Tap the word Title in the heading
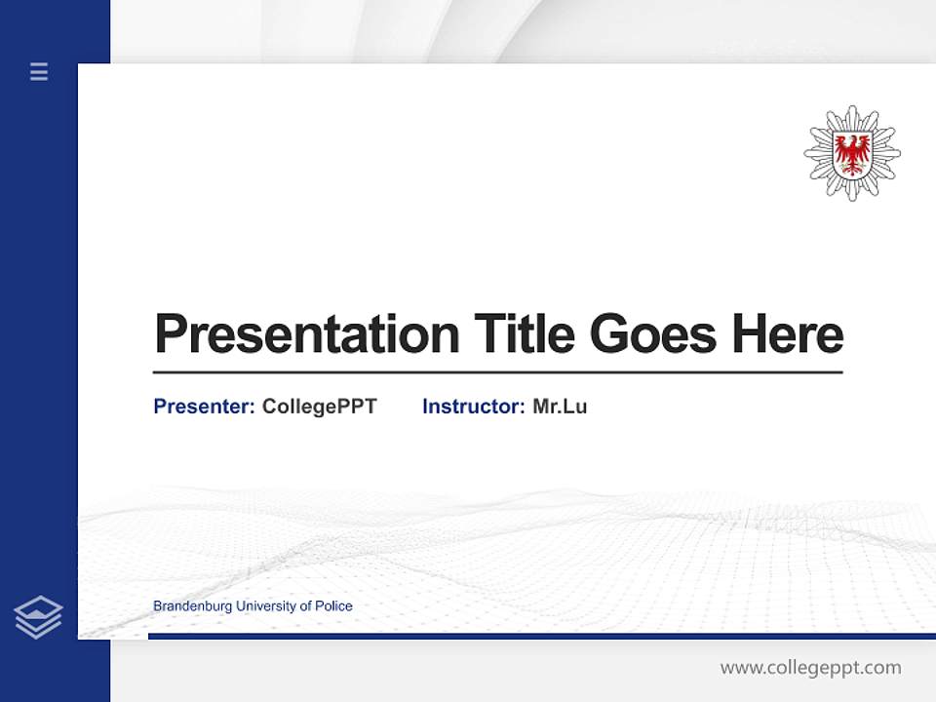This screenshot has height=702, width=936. [525, 334]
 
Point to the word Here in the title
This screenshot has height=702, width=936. [788, 334]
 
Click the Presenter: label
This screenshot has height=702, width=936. [204, 407]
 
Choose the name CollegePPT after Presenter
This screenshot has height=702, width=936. [319, 407]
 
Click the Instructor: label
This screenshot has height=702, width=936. [473, 407]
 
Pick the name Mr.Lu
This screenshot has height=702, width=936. [560, 407]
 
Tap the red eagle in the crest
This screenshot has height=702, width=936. [852, 153]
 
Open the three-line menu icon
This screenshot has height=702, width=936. [39, 71]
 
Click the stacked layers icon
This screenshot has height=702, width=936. [38, 617]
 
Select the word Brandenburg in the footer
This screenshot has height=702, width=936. [189, 606]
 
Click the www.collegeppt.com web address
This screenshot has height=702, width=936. [810, 668]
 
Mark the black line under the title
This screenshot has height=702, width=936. [497, 372]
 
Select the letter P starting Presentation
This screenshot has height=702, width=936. [171, 334]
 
